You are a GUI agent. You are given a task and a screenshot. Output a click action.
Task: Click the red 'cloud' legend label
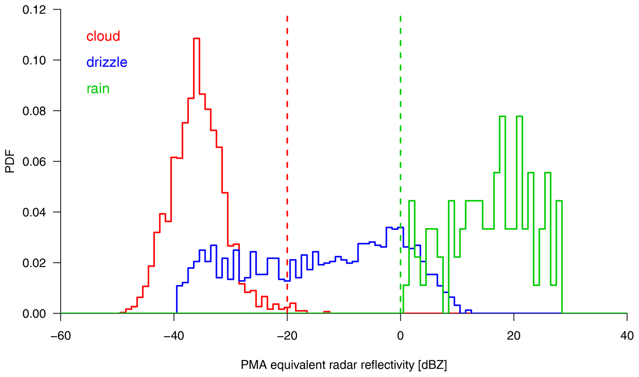click(103, 36)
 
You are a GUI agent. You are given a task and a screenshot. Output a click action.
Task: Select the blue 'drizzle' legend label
click(107, 63)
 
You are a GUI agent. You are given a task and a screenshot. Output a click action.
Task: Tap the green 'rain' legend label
click(98, 89)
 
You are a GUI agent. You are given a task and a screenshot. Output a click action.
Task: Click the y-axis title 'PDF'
click(10, 161)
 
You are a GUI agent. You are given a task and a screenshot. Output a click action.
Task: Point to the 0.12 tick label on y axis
click(34, 10)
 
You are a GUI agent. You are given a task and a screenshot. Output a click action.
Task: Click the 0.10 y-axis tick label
click(34, 60)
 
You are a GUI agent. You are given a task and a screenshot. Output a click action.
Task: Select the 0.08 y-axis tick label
click(34, 111)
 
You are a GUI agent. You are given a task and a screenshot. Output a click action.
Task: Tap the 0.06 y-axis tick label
click(34, 162)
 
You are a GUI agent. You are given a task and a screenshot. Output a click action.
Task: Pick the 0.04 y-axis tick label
click(34, 212)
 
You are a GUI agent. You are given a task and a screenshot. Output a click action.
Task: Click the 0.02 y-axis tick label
click(34, 263)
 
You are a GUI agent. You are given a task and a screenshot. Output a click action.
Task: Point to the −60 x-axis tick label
click(61, 336)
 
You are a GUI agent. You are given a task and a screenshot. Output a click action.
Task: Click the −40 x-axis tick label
click(174, 336)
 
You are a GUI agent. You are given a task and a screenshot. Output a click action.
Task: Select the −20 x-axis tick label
click(287, 336)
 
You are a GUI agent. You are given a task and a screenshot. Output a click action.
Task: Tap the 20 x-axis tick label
click(513, 336)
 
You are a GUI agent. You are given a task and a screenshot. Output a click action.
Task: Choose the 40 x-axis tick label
click(627, 336)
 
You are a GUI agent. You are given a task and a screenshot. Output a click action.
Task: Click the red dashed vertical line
click(287, 124)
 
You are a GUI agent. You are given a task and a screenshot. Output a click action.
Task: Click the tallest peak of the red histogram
click(197, 38)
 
